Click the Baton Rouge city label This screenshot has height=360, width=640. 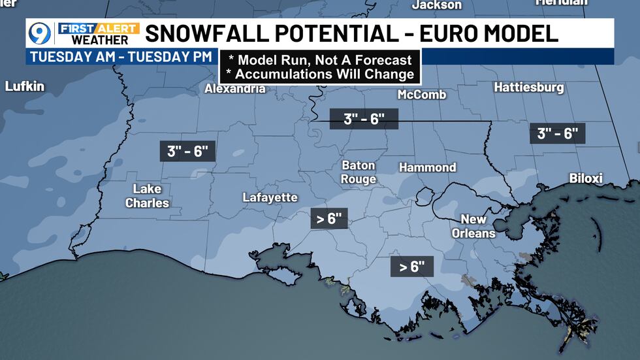359,172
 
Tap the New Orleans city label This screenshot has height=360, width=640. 478,226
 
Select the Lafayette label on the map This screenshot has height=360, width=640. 270,197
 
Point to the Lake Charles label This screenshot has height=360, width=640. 147,196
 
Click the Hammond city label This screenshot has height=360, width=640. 427,167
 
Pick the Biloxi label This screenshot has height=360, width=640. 586,178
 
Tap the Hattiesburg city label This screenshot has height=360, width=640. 529,87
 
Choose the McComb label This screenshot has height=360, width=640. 422,95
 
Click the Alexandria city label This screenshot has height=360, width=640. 235,88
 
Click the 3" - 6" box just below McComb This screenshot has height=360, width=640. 363,119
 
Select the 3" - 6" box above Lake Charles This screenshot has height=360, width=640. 187,152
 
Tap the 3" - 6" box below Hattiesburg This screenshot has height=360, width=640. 557,134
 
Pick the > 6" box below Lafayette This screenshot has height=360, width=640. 330,219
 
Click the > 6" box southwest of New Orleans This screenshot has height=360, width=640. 412,267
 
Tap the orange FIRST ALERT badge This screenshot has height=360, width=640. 99,28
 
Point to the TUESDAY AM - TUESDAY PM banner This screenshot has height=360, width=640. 120,56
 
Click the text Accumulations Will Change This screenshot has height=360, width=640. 320,74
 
